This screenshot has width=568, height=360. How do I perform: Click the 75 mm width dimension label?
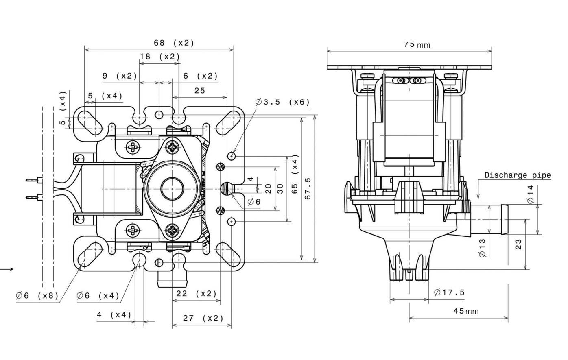417,44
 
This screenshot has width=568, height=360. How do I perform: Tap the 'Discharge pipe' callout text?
517,175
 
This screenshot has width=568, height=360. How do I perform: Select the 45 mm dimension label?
466,311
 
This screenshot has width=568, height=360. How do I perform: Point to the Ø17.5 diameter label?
449,292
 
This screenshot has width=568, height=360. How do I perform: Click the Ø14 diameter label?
530,194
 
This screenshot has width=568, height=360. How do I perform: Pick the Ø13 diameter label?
483,247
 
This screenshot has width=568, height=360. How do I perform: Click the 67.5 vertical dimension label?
308,188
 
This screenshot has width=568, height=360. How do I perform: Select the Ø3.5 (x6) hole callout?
282,102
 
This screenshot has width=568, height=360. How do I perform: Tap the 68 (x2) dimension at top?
174,43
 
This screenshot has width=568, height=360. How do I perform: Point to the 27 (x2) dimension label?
198,318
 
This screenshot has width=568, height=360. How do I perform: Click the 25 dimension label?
199,91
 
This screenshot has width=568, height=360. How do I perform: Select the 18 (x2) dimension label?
159,56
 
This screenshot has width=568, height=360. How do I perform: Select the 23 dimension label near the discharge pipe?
518,244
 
